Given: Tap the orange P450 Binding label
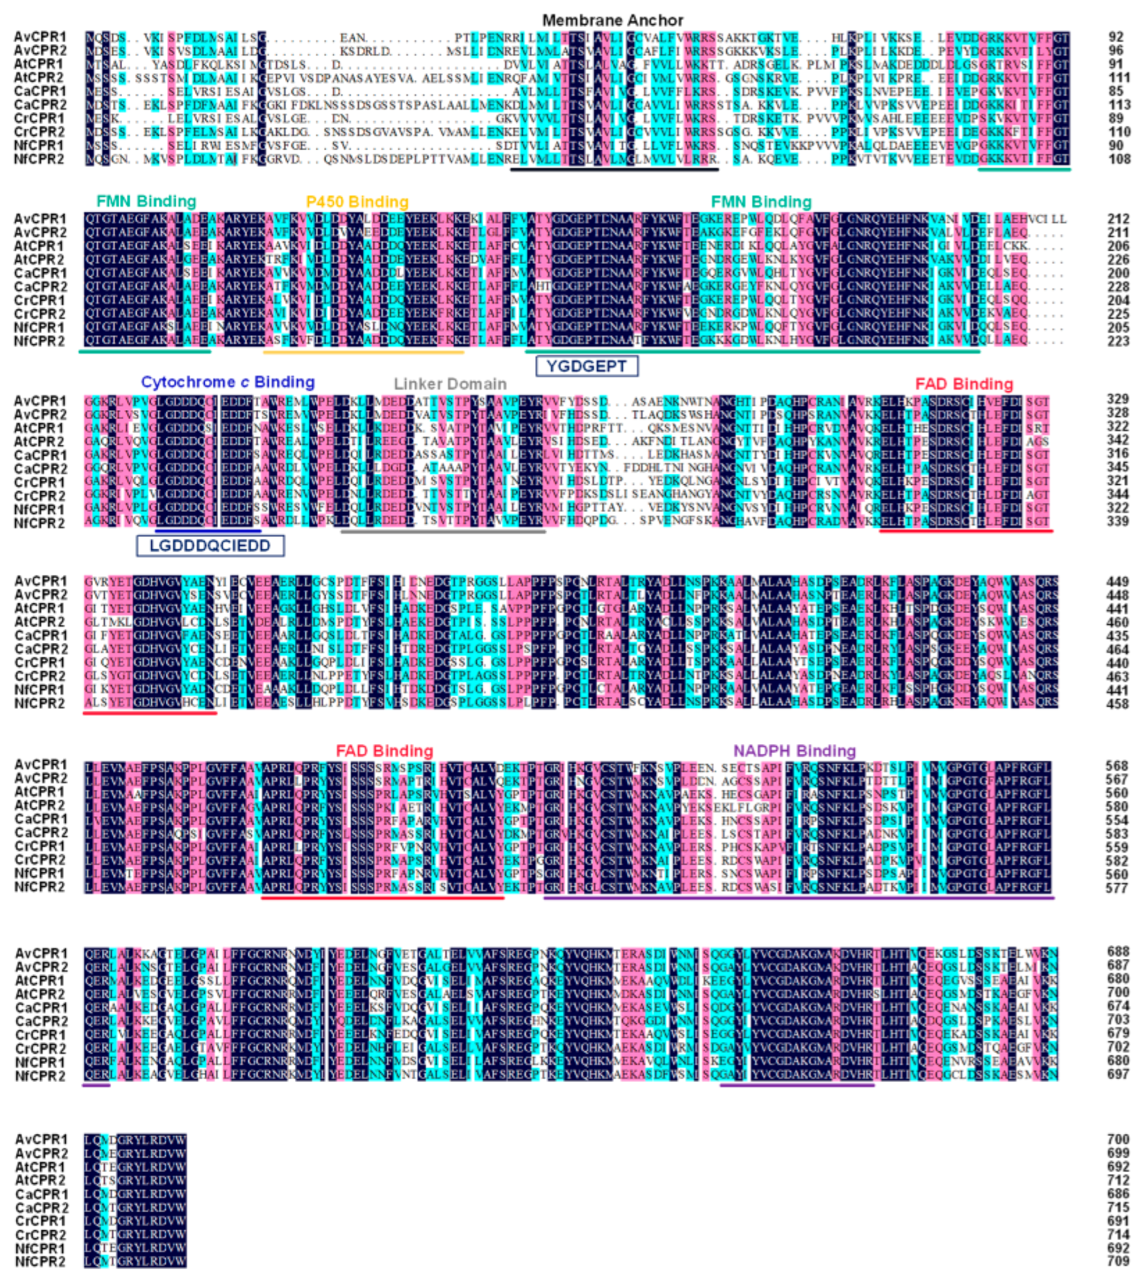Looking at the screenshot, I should [x=357, y=202].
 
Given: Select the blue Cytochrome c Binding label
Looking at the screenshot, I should [x=228, y=382].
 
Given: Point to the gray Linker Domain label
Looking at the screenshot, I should [x=450, y=383].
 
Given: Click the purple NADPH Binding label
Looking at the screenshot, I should [x=794, y=751].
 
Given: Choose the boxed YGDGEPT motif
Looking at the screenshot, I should [x=586, y=366].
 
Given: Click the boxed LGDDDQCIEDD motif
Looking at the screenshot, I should [x=210, y=546].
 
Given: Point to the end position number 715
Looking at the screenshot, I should [x=1118, y=1208].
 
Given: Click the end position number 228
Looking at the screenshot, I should [x=1118, y=287].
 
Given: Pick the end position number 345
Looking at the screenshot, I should [x=1117, y=467].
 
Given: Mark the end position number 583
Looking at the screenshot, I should [x=1117, y=834].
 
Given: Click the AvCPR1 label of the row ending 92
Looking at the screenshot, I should [x=40, y=37].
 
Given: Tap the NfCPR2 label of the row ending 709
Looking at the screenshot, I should [x=40, y=1262].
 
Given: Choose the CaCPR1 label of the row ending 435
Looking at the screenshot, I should [x=40, y=635].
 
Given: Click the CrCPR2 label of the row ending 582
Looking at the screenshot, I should [x=40, y=860].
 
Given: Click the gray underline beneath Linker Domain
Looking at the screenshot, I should [x=443, y=532].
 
